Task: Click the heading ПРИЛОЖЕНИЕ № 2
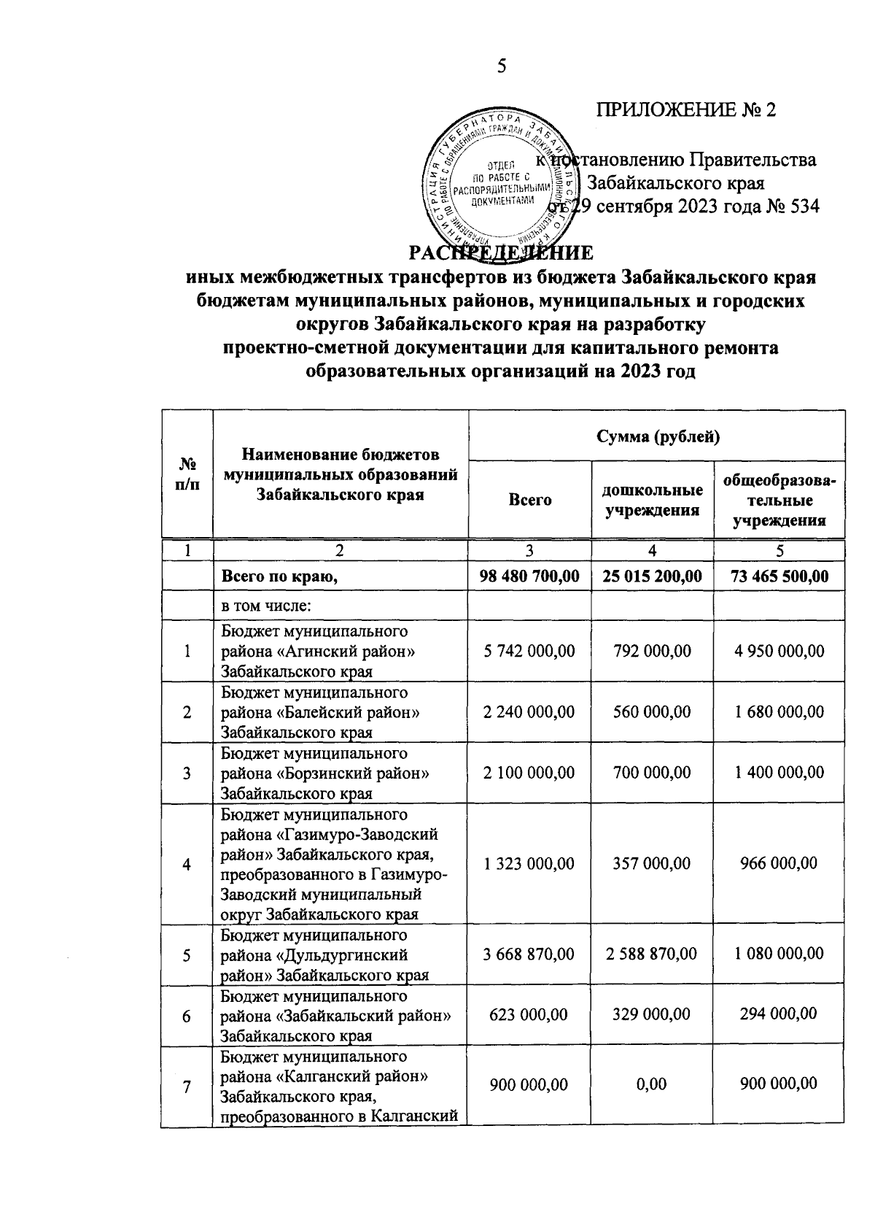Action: tap(685, 109)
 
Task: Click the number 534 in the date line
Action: tap(803, 207)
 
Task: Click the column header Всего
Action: tap(529, 501)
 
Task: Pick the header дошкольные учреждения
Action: tap(653, 500)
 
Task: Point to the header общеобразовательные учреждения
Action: tap(779, 501)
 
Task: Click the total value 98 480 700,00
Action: tap(529, 576)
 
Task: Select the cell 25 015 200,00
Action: tap(653, 576)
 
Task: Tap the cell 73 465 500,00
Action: tap(779, 576)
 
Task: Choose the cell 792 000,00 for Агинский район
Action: tap(653, 650)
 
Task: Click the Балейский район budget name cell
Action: tap(321, 711)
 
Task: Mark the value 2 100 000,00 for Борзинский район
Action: tap(529, 772)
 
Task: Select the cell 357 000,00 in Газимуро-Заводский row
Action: tap(653, 863)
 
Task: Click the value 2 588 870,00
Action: tap(653, 954)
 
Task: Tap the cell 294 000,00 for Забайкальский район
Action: tap(779, 1014)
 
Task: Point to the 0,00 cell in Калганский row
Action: tap(651, 1084)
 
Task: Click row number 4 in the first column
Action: tap(187, 864)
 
